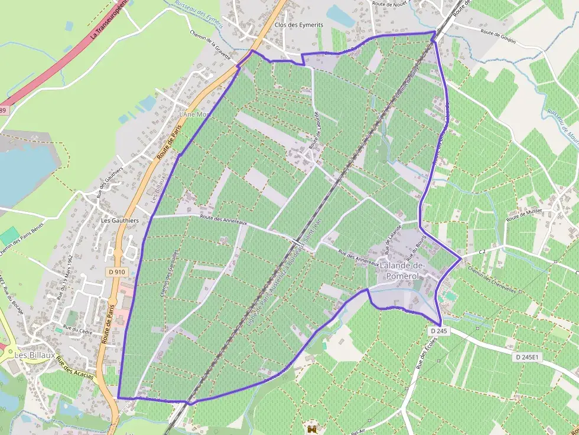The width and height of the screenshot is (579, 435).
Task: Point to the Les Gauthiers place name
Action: point(120,221)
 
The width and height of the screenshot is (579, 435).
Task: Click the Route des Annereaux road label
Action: point(223,220)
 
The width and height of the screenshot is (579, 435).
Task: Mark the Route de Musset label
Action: point(523,214)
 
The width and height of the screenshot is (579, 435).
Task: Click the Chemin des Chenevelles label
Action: point(492,279)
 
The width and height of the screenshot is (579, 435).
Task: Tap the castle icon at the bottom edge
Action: point(312,430)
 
